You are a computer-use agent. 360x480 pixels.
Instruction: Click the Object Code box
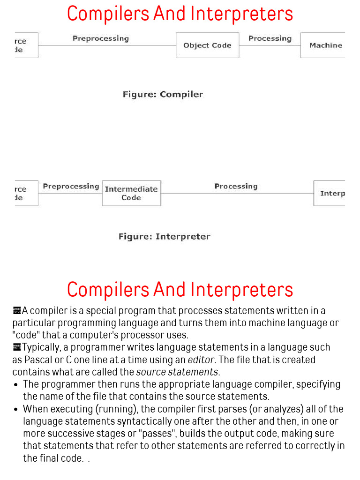207,45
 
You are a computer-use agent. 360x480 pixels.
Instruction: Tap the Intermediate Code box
131,193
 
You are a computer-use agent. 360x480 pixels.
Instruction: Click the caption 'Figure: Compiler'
163,94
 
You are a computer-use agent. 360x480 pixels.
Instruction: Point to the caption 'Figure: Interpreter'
164,237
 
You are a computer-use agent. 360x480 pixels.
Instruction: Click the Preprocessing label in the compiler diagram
100,38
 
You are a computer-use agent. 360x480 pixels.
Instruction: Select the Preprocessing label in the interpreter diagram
71,187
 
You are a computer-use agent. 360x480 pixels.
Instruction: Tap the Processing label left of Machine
270,38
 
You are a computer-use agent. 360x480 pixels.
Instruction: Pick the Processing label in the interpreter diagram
236,187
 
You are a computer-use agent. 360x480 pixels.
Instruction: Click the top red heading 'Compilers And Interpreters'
180,14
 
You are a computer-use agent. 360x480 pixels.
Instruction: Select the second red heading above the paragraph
180,289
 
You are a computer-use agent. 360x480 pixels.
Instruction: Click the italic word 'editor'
201,360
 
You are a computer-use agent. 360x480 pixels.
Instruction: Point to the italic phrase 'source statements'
177,372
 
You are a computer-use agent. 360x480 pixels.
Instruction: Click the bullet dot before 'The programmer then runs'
16,385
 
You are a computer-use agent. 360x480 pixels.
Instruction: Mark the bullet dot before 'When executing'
16,409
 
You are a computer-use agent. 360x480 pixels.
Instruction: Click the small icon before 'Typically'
17,347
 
